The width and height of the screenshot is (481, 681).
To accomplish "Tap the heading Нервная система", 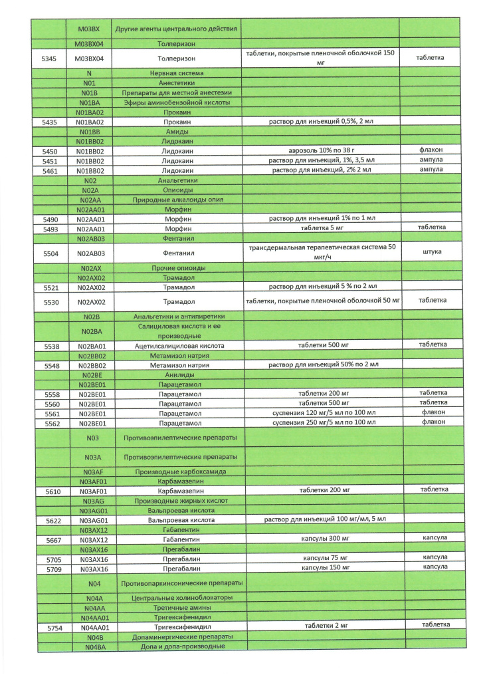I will (x=177, y=72).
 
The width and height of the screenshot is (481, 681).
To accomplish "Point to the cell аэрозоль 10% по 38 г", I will (x=320, y=151).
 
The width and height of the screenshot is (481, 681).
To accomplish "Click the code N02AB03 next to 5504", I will (x=91, y=253).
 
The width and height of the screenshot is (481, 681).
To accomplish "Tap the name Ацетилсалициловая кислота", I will (x=177, y=346).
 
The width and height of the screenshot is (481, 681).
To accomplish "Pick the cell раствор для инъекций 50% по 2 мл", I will (x=320, y=365).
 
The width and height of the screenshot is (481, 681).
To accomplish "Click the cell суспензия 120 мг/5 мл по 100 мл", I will (x=320, y=413).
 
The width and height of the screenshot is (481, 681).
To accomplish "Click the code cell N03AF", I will (x=92, y=472).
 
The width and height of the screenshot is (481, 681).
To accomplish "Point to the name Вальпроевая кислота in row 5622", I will (x=177, y=520).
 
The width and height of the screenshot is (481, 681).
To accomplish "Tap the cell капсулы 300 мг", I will (x=320, y=539).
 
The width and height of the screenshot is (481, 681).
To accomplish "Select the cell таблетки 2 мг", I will (x=320, y=626).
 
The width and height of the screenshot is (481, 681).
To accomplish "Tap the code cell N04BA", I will (x=92, y=646).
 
